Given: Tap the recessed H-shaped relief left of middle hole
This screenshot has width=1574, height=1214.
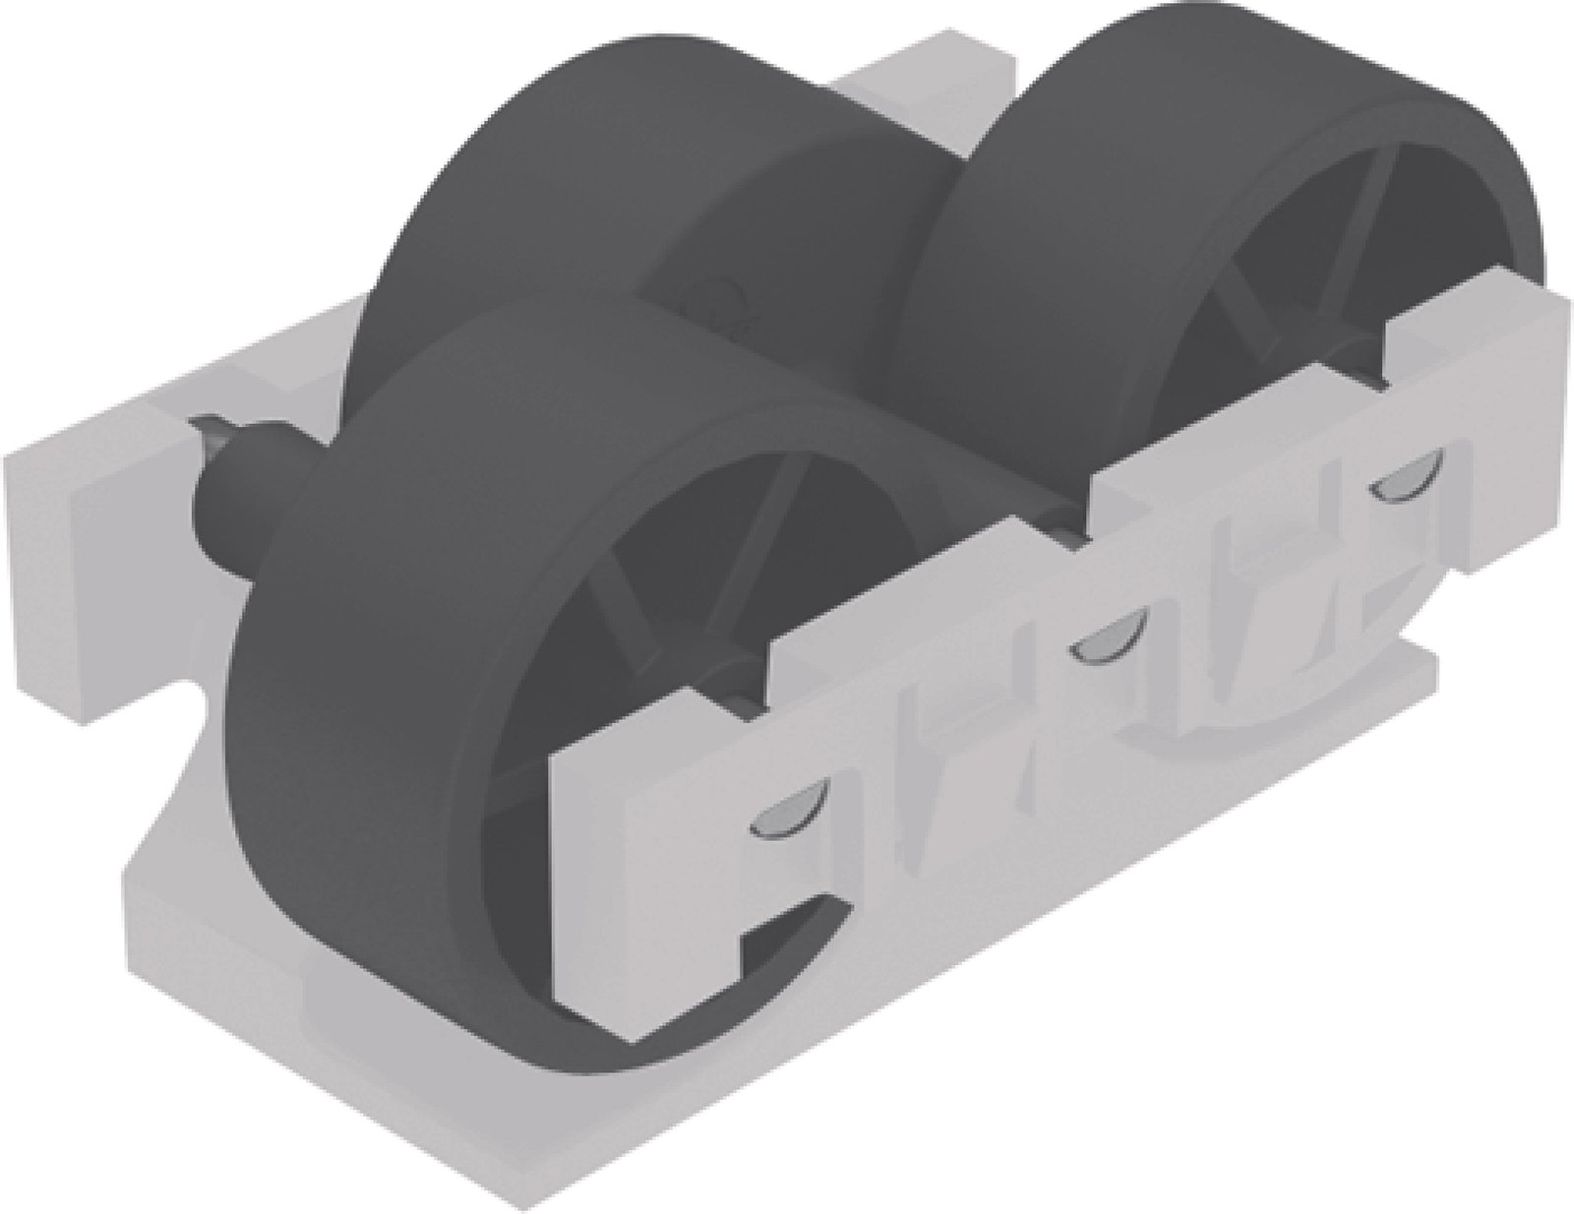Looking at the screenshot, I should [x=944, y=748].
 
